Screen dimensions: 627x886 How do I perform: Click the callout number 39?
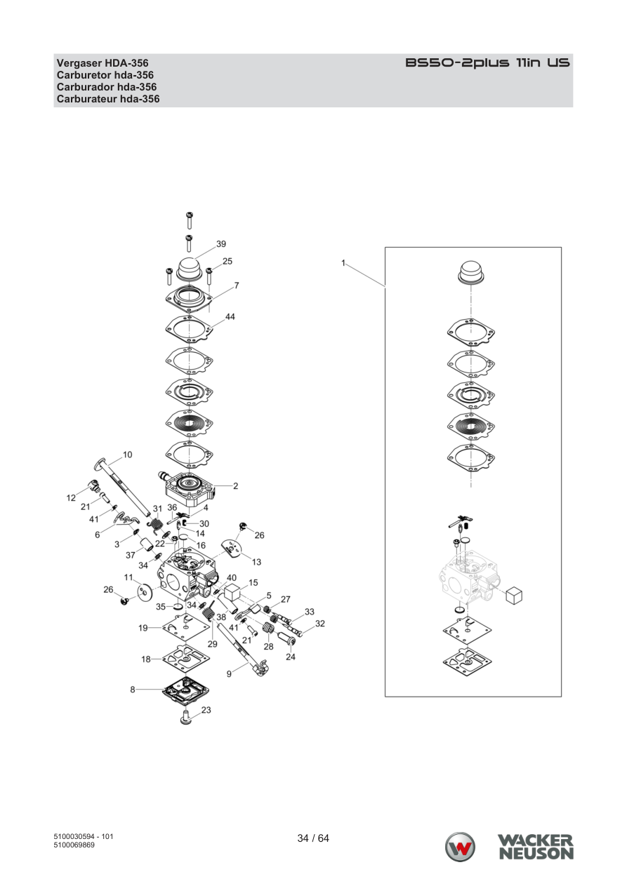coord(221,243)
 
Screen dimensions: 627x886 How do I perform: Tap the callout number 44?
coord(230,317)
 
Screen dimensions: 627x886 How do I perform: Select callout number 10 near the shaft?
coord(128,455)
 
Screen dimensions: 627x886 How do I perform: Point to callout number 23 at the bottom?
coord(206,721)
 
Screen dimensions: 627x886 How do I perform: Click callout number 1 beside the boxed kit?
coord(343,262)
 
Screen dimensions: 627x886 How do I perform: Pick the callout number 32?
coord(320,624)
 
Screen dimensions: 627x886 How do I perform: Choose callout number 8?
coord(133,690)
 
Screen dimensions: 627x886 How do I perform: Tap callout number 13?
coord(256,562)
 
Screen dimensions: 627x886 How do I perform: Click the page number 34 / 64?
coord(313,838)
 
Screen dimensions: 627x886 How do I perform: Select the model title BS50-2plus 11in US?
coord(487,62)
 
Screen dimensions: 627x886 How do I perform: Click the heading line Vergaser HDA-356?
coord(103,63)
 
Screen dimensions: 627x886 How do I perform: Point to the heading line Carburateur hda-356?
coord(108,98)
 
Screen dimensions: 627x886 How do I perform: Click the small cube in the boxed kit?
coord(515,596)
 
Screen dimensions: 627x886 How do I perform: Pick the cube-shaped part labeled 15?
coord(232,592)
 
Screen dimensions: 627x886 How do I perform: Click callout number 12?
coord(71,497)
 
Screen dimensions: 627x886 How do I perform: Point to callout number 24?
coord(291,657)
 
